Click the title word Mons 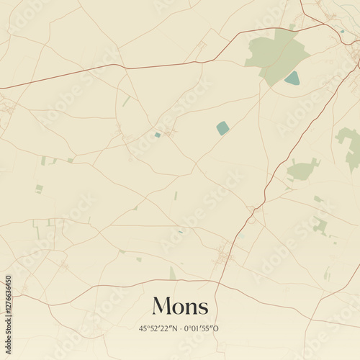180,306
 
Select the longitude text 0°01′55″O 202,329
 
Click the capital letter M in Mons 161,306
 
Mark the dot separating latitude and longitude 181,329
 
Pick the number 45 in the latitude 144,329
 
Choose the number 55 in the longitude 210,329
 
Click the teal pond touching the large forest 292,78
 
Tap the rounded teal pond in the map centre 223,128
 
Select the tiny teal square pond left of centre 158,135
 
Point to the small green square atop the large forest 292,27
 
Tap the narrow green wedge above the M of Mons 173,274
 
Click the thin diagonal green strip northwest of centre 126,102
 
